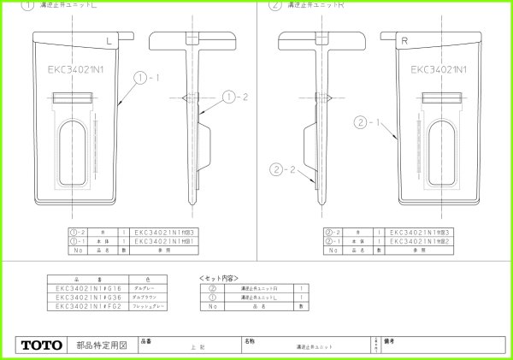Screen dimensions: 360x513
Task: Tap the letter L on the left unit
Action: tap(109, 40)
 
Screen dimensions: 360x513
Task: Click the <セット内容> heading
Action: tap(218, 279)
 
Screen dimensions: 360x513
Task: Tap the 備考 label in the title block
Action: tap(393, 340)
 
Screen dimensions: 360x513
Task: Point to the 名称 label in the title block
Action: tap(250, 340)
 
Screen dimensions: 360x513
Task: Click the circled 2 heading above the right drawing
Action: tap(275, 5)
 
